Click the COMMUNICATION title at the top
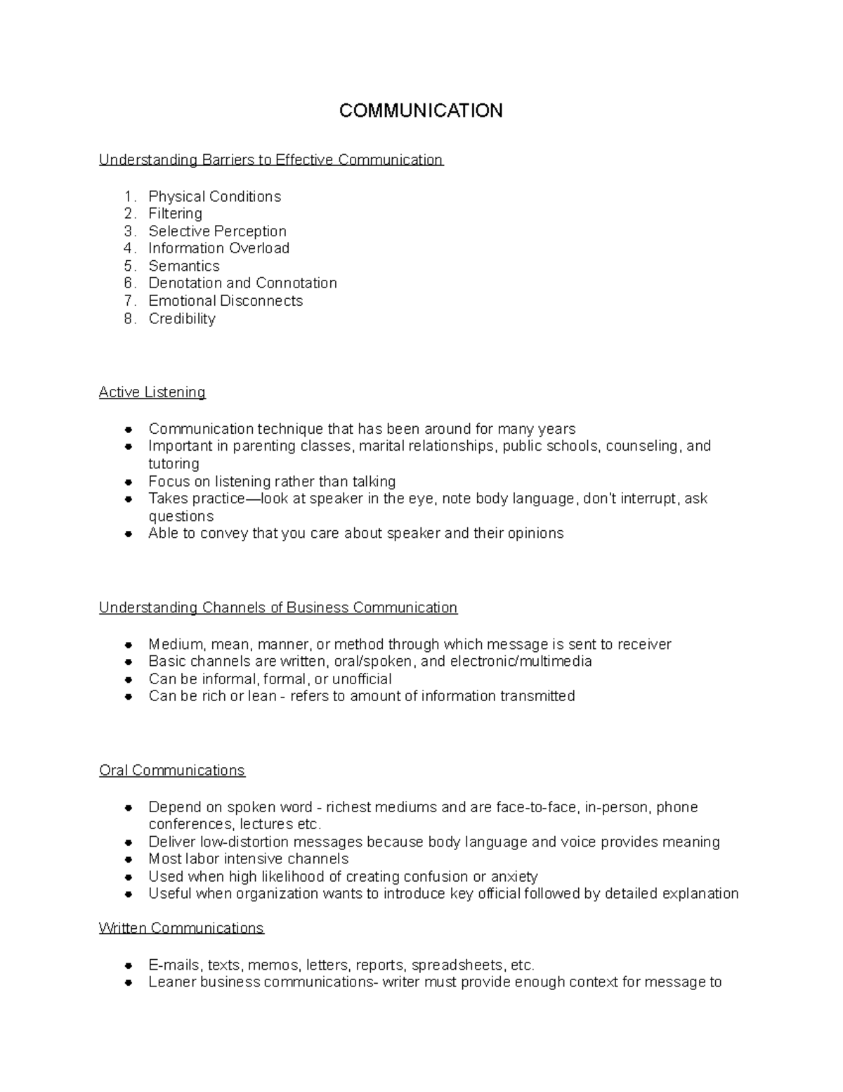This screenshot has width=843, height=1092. click(x=421, y=111)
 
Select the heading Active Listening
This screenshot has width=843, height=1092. click(x=152, y=392)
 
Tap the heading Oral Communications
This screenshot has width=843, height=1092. click(x=172, y=771)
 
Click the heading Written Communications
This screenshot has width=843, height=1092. click(x=181, y=928)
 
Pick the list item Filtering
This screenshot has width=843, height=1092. click(x=175, y=214)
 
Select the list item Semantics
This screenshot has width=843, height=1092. click(x=184, y=266)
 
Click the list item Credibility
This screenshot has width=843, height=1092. click(x=182, y=319)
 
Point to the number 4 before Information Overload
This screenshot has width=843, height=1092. click(x=128, y=248)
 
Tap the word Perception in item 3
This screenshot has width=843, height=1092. click(x=251, y=231)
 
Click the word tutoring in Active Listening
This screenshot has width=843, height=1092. click(x=174, y=464)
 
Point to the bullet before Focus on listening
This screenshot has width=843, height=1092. click(x=129, y=482)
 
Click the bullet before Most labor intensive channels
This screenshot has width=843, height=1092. click(x=129, y=860)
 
